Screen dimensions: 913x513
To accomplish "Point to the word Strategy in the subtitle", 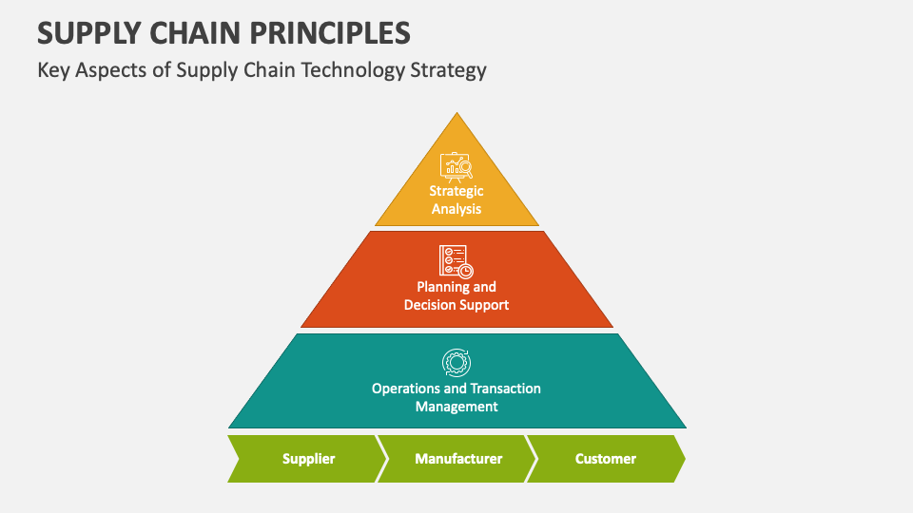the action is coord(448,70).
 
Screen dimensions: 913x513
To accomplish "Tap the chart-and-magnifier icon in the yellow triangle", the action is coord(456,167).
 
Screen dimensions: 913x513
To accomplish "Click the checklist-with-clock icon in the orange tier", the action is coord(456,262).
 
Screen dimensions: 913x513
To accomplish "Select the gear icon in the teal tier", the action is coord(456,363).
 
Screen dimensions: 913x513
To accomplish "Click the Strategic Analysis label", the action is coord(456,199).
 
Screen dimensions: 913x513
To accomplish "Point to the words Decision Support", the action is coord(456,305).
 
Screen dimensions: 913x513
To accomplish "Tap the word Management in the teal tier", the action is coord(456,407).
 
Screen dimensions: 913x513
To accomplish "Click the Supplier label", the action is coord(308,459).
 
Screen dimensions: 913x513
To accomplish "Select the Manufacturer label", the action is coord(458,459).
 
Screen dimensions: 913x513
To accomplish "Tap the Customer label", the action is coord(606,459).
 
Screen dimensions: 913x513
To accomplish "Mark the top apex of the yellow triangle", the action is coord(457,113).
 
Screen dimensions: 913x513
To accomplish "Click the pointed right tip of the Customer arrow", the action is coord(686,459).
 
